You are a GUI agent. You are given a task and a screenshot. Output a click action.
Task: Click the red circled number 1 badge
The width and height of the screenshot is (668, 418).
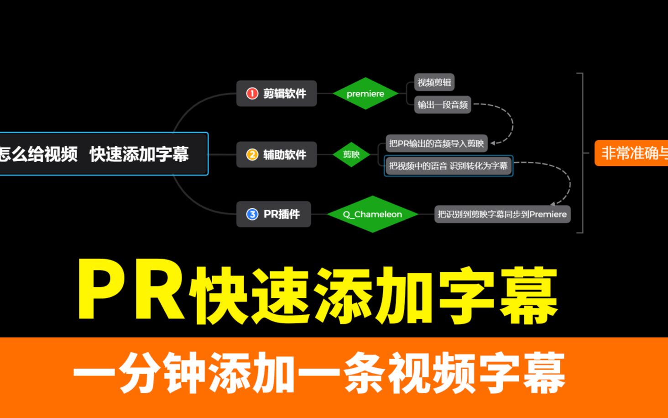click(252, 94)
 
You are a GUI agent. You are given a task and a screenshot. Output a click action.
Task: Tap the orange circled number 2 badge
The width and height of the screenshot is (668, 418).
click(252, 154)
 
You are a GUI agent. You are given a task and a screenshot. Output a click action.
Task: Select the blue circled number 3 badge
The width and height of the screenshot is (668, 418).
click(252, 214)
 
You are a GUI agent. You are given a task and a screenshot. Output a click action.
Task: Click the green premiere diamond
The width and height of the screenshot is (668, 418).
click(365, 94)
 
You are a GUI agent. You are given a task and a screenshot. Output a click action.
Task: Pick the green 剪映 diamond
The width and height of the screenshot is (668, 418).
click(351, 154)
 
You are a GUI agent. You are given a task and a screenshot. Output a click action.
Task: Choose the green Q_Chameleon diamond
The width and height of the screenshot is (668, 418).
click(372, 214)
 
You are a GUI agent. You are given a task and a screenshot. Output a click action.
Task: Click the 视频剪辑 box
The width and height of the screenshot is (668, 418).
click(434, 82)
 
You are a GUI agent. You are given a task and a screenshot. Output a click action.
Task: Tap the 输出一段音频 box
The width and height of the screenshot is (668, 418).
click(442, 105)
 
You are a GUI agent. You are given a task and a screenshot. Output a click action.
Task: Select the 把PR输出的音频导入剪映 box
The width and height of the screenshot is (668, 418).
click(436, 143)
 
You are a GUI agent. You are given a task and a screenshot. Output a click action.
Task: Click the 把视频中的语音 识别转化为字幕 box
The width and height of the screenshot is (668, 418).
click(448, 166)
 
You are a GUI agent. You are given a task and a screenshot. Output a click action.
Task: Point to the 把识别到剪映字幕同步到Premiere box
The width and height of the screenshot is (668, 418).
click(502, 214)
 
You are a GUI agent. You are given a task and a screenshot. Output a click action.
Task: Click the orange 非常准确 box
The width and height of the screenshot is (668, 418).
click(632, 153)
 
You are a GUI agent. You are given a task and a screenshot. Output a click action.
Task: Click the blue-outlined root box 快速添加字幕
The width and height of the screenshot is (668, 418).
click(100, 154)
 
